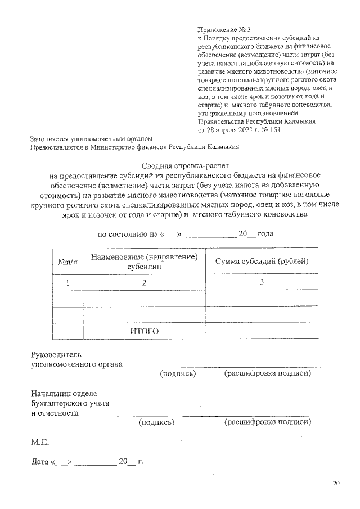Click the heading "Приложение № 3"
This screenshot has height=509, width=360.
(x=224, y=29)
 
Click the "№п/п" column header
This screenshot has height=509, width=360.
(x=67, y=262)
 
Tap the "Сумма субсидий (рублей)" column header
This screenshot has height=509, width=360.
(x=262, y=262)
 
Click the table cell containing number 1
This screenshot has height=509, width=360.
(x=67, y=283)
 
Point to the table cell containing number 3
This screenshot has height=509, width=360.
(x=262, y=282)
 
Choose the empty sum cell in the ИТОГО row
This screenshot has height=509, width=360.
(x=262, y=331)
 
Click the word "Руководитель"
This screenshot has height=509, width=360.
(x=56, y=355)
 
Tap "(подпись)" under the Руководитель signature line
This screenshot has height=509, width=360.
(x=178, y=373)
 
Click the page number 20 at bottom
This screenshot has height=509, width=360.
(x=336, y=483)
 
